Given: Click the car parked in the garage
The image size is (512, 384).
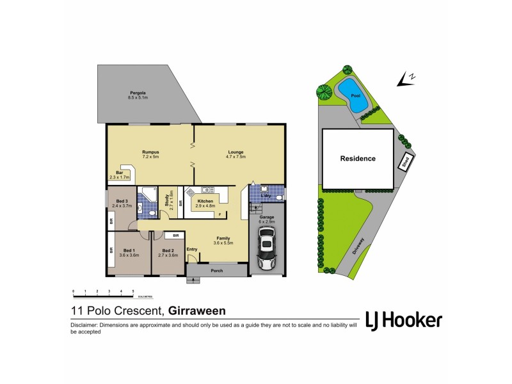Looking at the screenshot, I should point(266,252).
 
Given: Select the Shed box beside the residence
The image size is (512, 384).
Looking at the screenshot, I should point(406,163).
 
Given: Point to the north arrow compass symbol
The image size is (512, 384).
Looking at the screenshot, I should point(406,78).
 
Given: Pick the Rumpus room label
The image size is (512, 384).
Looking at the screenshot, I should point(150,152).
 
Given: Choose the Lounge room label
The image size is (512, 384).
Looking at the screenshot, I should point(236,152).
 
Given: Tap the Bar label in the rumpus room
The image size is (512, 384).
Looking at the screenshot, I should point(119,172).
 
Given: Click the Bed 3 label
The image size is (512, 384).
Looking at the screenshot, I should point(122,202).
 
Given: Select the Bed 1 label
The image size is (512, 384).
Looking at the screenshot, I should point(129,250).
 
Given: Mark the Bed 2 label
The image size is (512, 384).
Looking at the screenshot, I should point(168,250).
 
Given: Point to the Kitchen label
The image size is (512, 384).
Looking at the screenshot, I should point(205,201).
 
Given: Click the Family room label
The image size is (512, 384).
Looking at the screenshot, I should point(223,238).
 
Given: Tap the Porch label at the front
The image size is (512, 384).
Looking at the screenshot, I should point(217,271).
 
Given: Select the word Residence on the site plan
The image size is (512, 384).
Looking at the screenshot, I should point(358,158).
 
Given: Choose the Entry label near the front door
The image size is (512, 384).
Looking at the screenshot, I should point(192,249).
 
